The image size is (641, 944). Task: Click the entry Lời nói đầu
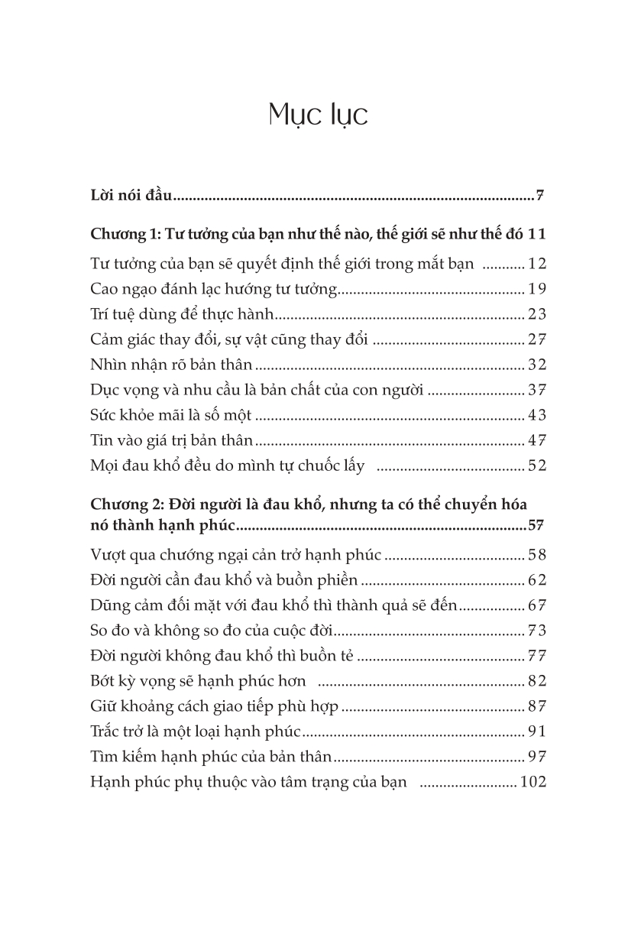click(x=132, y=196)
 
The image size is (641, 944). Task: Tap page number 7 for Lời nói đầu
click(x=540, y=196)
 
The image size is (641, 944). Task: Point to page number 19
click(x=537, y=289)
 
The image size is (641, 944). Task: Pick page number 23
click(x=537, y=314)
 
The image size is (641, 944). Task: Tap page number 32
click(x=537, y=365)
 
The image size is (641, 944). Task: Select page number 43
click(x=537, y=415)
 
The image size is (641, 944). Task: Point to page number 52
click(x=537, y=466)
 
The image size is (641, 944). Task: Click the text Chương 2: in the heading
click(x=123, y=505)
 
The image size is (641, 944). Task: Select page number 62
click(x=537, y=580)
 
